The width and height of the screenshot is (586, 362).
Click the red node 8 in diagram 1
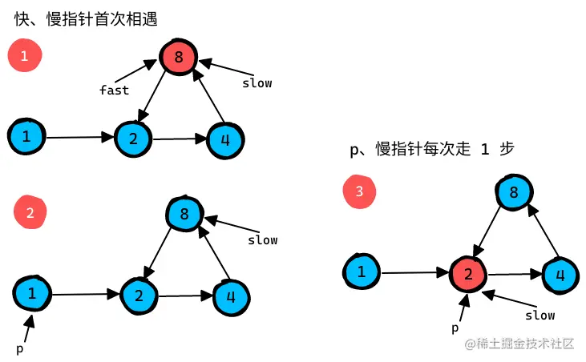click(178, 58)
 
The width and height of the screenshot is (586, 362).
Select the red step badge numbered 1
click(24, 56)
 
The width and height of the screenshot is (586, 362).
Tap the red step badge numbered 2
click(30, 212)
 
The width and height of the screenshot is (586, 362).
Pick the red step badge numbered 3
click(359, 191)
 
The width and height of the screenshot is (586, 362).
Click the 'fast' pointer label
click(114, 90)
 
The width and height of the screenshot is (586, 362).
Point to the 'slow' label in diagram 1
click(257, 83)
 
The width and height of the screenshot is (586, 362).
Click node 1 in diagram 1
click(26, 137)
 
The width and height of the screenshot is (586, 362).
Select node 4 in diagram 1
click(225, 139)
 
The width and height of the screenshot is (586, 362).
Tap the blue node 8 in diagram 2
click(184, 214)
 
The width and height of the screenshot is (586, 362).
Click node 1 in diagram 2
click(32, 294)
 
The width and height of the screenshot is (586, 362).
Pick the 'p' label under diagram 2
click(20, 349)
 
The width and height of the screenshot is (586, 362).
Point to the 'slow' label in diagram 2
click(262, 239)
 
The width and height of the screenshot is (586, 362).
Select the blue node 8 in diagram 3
click(514, 192)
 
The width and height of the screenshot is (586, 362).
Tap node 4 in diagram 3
click(560, 275)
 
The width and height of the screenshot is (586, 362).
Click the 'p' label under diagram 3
click(455, 328)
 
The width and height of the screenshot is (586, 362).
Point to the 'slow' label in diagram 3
click(540, 315)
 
